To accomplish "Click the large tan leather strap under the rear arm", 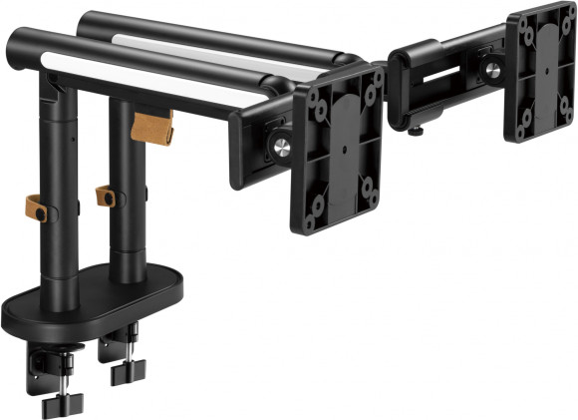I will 152,128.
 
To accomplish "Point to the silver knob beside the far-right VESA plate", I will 491,70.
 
